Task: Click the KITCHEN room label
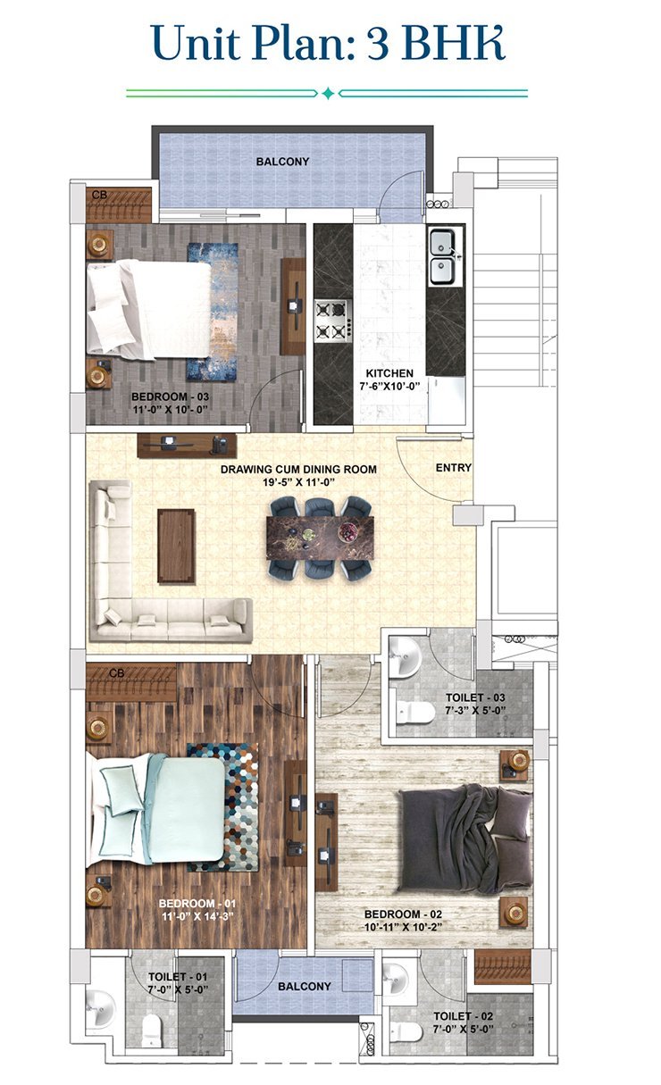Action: point(389,373)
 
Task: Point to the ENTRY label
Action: point(453,468)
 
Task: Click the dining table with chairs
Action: point(319,538)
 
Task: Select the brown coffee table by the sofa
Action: point(176,545)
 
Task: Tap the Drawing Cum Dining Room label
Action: point(299,469)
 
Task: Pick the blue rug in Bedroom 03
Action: point(212,311)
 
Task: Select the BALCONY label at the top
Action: point(282,162)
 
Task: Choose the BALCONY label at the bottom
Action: point(304,987)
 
